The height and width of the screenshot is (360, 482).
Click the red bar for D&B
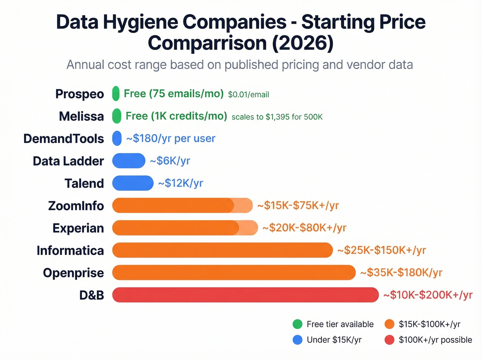[x=245, y=295]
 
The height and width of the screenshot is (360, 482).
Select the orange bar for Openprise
[x=234, y=272]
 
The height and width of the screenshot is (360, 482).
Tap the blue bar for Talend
[x=133, y=183]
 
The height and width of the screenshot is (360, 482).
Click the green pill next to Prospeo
[x=116, y=93]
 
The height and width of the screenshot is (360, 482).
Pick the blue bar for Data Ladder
[x=129, y=161]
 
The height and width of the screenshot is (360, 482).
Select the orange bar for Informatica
[x=222, y=250]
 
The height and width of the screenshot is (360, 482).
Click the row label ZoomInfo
[x=76, y=206]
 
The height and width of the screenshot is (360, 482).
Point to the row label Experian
[x=78, y=228]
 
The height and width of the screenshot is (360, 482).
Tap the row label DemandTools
[x=64, y=138]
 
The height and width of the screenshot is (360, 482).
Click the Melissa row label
[x=81, y=116]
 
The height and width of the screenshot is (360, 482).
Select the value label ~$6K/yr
[x=170, y=161]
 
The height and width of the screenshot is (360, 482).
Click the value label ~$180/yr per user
[x=171, y=138]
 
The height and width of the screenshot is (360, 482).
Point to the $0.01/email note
[x=249, y=94]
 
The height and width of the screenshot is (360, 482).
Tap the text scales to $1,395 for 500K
[x=277, y=117]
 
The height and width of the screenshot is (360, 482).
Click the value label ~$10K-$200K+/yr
[x=428, y=295]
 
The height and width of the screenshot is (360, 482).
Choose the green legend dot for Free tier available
[x=297, y=324]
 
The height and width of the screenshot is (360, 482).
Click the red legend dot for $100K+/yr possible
[x=389, y=340]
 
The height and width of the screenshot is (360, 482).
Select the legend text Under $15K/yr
[x=334, y=340]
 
